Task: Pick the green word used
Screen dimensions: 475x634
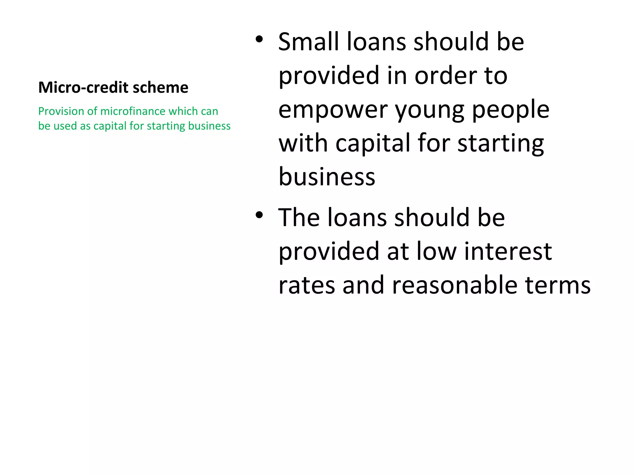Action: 65,126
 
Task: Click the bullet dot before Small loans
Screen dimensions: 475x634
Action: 259,39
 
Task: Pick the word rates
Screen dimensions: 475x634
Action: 306,285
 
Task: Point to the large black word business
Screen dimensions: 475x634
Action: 327,177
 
